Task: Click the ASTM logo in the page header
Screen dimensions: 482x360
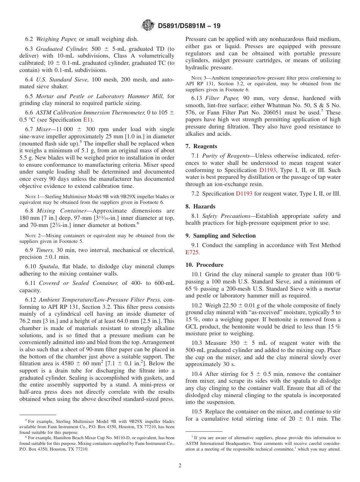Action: click(148, 25)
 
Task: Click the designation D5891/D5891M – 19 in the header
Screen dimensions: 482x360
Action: click(189, 26)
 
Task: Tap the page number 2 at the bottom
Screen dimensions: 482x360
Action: click(180, 466)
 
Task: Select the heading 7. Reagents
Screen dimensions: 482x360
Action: click(201, 146)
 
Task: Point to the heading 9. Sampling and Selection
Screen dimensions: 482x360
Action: click(221, 236)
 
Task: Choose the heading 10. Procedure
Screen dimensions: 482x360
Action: click(204, 265)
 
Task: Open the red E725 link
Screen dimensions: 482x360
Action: click(192, 252)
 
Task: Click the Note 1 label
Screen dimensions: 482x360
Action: click(31, 196)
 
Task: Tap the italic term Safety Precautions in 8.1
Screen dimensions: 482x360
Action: click(226, 216)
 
